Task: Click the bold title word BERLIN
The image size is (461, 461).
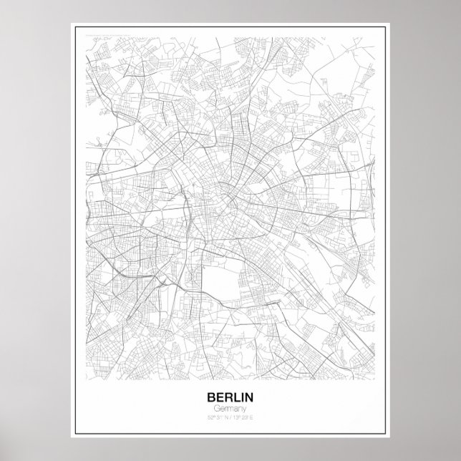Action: (230, 396)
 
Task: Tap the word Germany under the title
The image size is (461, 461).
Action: (230, 407)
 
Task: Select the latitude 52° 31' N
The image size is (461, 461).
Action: (218, 416)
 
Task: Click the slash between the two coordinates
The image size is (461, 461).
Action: (230, 416)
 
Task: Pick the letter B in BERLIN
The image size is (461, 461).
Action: (210, 396)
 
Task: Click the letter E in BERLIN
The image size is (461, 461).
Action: (218, 396)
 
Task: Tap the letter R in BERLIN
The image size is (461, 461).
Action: (227, 396)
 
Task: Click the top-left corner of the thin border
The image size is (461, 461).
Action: (72, 25)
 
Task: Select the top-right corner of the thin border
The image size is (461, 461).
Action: (389, 25)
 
